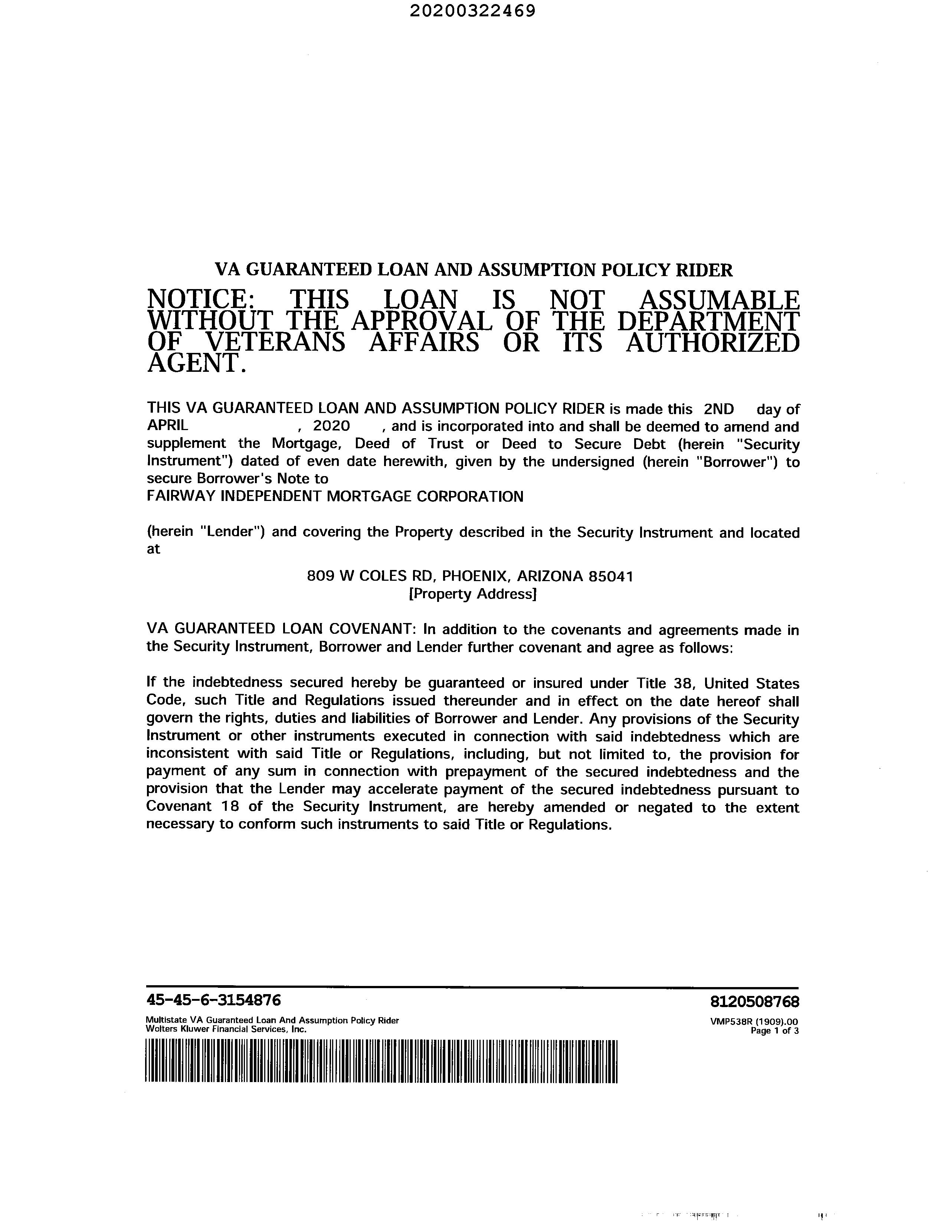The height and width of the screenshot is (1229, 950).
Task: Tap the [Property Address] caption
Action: click(472, 594)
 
